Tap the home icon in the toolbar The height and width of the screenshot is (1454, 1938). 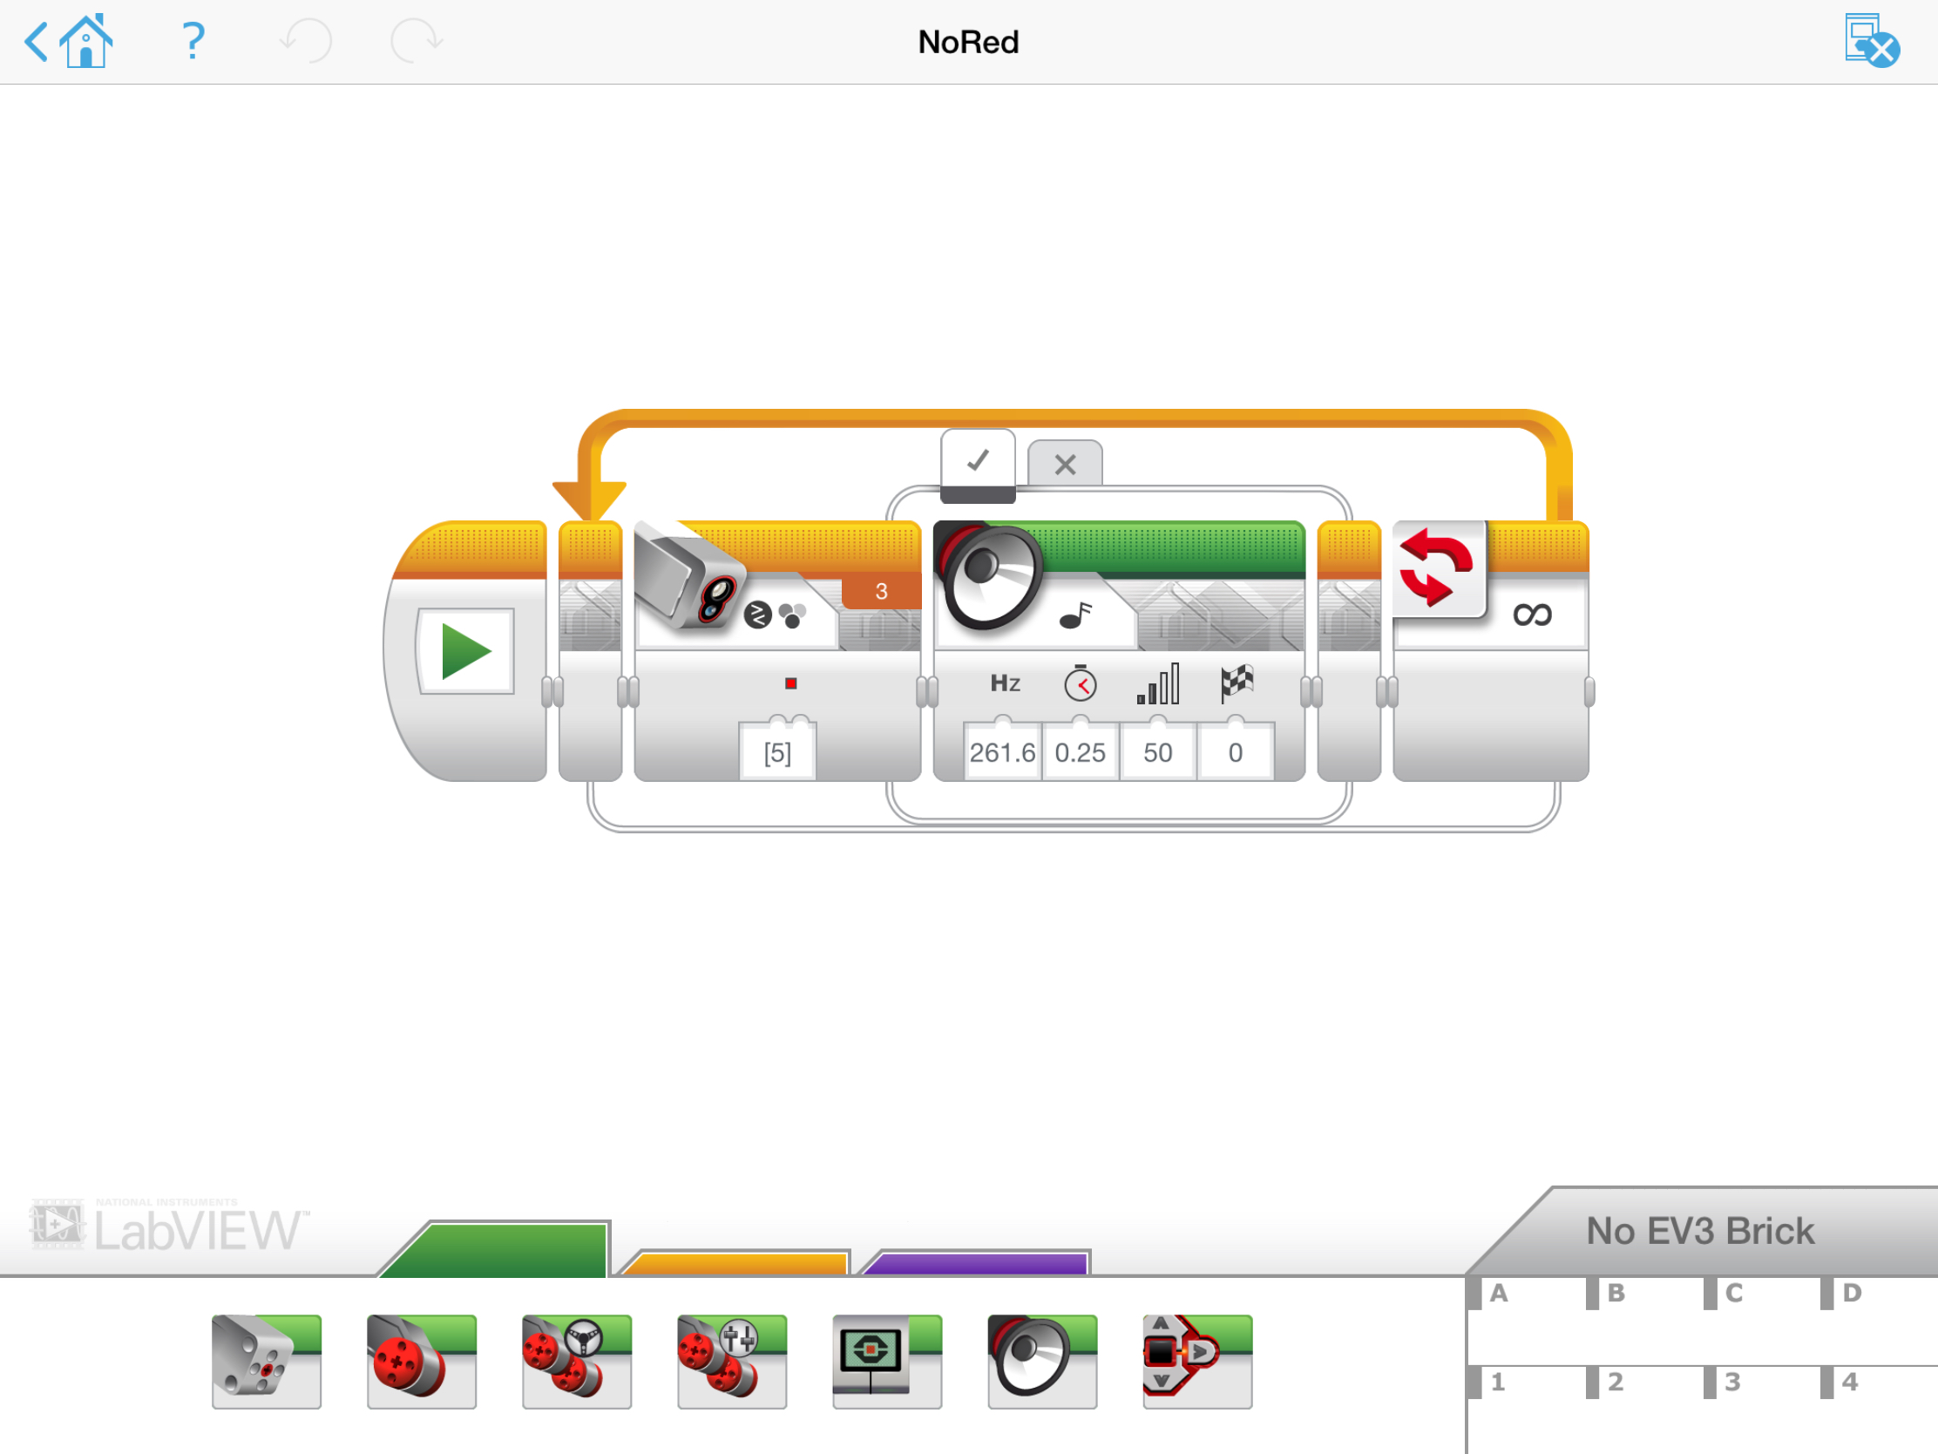tap(86, 40)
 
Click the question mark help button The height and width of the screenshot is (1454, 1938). tap(193, 40)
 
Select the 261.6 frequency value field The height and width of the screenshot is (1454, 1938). tap(1002, 752)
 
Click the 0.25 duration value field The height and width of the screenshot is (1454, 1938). tap(1080, 752)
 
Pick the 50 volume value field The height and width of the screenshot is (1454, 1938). tap(1157, 752)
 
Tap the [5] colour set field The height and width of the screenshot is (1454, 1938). tap(777, 752)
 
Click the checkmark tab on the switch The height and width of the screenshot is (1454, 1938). tap(978, 461)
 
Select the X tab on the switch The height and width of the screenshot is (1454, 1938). tap(1065, 464)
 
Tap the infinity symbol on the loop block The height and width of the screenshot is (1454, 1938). tap(1531, 615)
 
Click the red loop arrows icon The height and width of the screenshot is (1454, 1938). tap(1437, 568)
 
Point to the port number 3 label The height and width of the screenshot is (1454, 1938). tap(881, 592)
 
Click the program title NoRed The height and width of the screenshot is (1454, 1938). tap(968, 42)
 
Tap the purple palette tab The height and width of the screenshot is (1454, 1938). tap(977, 1263)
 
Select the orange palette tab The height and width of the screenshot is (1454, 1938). tap(735, 1263)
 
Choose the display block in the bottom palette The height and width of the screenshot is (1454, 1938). tap(886, 1361)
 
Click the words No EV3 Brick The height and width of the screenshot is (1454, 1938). tap(1700, 1231)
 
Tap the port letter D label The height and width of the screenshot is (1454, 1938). tap(1851, 1293)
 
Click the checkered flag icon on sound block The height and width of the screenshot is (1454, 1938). tap(1237, 683)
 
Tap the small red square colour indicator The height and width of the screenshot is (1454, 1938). tap(790, 683)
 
